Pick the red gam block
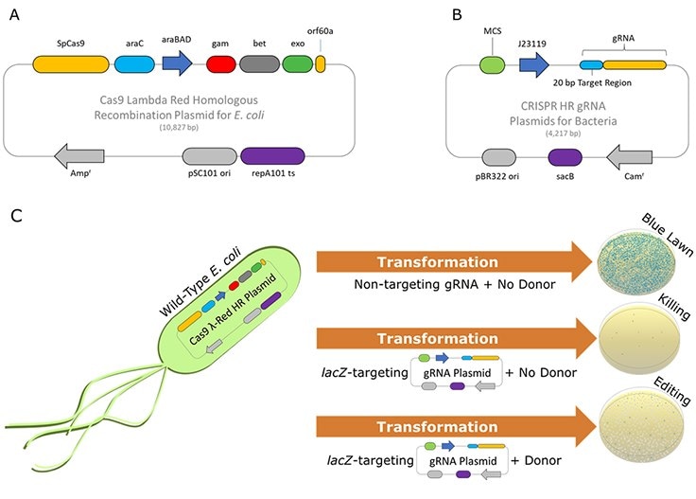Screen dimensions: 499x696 coord(220,64)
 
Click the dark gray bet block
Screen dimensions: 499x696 coord(260,64)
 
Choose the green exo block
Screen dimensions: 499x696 coord(298,64)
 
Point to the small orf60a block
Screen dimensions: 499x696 coord(321,64)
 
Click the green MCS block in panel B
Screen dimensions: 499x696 coord(491,65)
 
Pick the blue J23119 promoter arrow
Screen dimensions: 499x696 coord(534,65)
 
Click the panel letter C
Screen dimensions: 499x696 coord(15,216)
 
